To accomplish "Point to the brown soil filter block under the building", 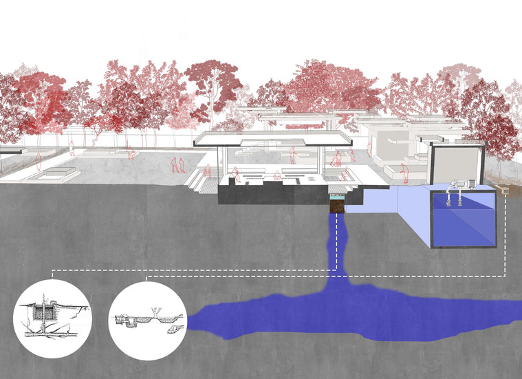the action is (x=337, y=205).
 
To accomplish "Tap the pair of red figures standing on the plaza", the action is (x=177, y=165).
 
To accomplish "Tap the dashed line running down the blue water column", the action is (x=336, y=241).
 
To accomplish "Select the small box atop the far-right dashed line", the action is (x=505, y=186).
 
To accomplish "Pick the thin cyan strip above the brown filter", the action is (x=337, y=195).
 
